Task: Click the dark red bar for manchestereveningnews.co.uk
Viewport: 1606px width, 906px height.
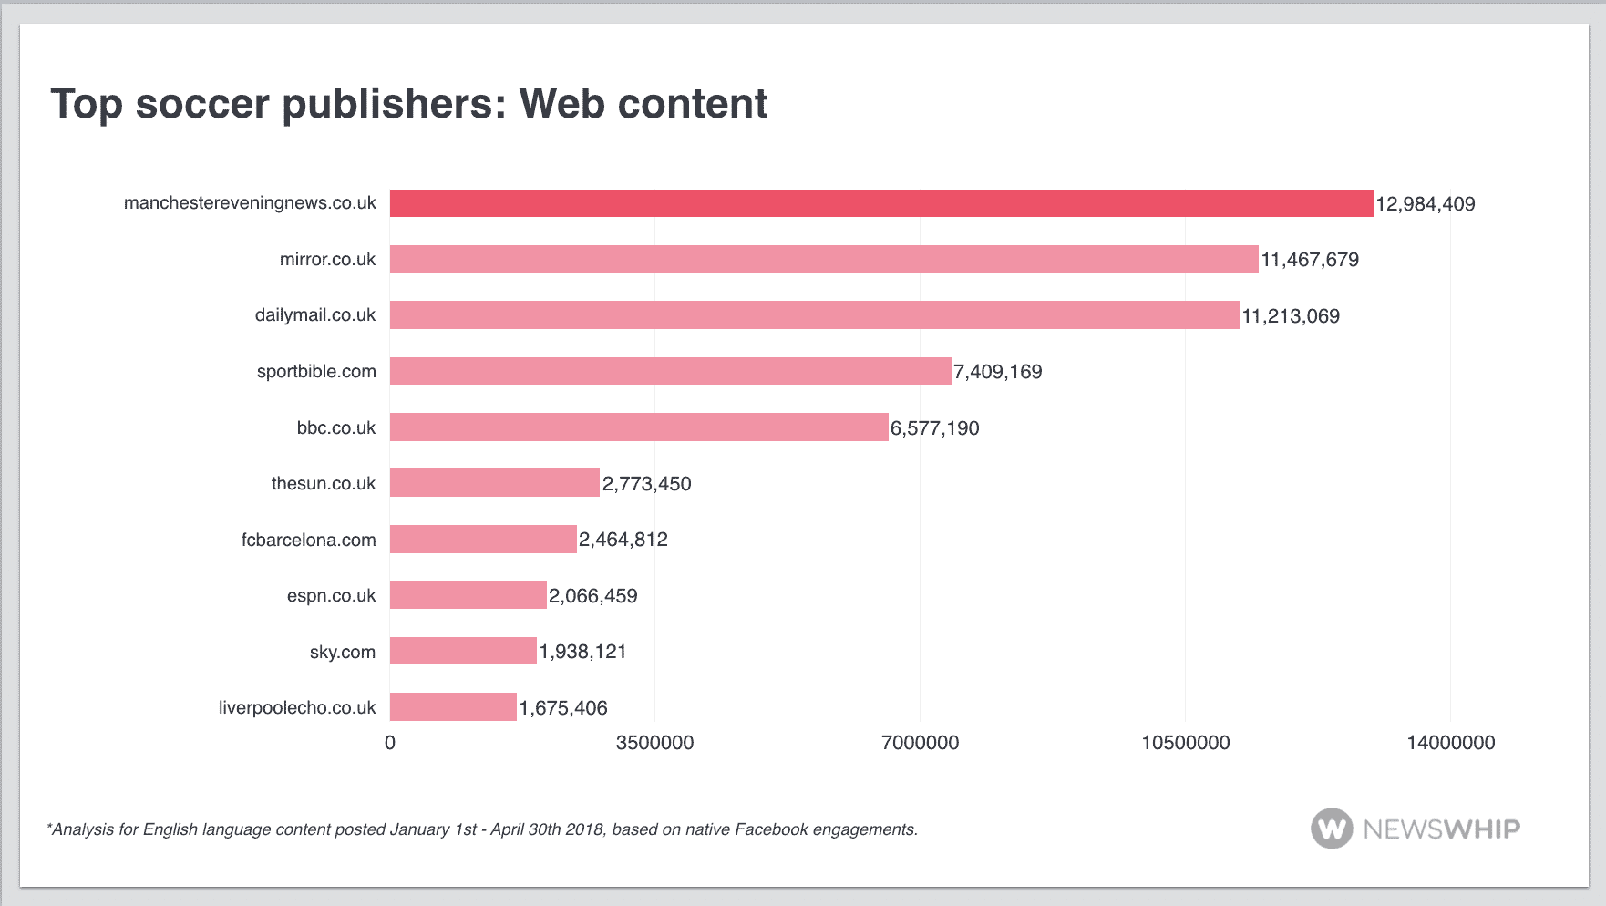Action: (x=880, y=203)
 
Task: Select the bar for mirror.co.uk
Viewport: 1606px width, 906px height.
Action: (x=824, y=260)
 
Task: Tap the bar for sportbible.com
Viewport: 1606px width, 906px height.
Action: (x=670, y=371)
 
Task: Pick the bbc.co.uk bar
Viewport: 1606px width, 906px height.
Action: (x=638, y=427)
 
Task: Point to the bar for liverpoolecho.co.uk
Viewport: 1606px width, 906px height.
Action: (x=453, y=707)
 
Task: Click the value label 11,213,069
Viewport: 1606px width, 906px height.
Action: (x=1291, y=316)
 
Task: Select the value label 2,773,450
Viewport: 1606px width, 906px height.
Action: (x=646, y=484)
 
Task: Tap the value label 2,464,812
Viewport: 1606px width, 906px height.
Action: (x=623, y=540)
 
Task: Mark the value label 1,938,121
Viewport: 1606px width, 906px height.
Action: (x=582, y=652)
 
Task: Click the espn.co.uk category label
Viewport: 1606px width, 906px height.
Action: (x=331, y=596)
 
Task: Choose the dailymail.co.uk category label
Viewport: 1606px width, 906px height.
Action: (x=314, y=315)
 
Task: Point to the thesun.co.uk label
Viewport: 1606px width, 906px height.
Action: (x=323, y=484)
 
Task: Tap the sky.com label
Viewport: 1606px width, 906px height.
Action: (x=342, y=652)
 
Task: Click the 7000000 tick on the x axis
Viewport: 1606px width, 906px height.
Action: (x=920, y=743)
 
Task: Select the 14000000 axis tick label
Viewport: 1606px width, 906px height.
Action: (x=1450, y=743)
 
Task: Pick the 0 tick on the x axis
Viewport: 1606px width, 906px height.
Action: (x=390, y=743)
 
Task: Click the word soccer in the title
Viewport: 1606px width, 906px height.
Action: (x=202, y=104)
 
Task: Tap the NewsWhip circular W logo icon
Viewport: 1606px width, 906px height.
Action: (x=1332, y=829)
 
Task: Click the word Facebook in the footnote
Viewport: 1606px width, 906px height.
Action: (x=771, y=829)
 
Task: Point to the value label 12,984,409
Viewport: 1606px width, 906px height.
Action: (x=1425, y=204)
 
